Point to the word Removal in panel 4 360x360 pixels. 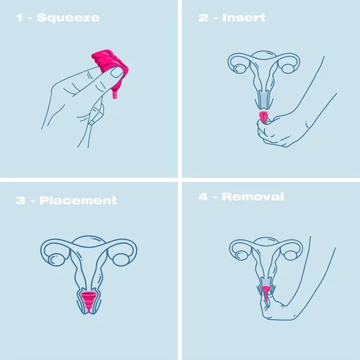(253, 196)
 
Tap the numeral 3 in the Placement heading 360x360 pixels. (19, 199)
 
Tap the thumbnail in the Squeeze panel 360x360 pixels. (116, 72)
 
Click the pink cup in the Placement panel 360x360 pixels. (89, 301)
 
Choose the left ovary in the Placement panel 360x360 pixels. (52, 253)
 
